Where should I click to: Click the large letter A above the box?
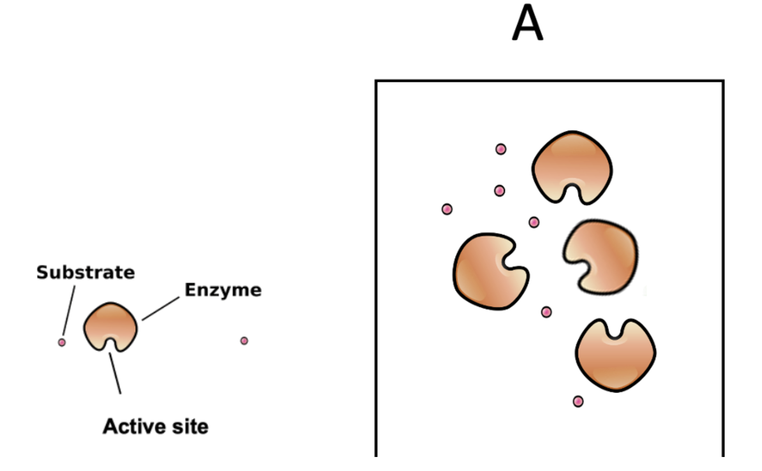(x=527, y=23)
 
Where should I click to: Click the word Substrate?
(x=86, y=272)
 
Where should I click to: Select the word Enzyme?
(x=223, y=290)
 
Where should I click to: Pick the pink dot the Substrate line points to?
(x=62, y=343)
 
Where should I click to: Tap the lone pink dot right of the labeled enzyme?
(x=244, y=341)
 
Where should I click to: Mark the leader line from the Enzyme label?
(x=161, y=309)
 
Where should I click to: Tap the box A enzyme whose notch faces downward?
(x=572, y=163)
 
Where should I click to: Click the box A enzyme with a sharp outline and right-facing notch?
(x=486, y=272)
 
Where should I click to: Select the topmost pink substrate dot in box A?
(x=501, y=149)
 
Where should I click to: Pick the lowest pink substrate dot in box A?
(x=578, y=401)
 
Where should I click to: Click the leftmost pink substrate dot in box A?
(x=447, y=209)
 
